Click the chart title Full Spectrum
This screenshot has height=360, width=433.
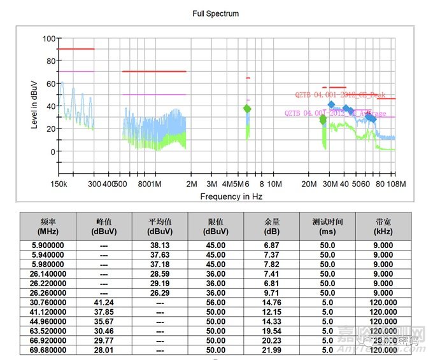(215, 13)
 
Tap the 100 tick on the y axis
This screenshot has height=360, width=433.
(48, 38)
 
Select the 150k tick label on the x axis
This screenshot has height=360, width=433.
(59, 184)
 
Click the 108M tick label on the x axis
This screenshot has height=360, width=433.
(396, 184)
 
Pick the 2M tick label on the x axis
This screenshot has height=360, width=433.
(192, 184)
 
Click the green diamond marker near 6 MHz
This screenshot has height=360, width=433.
(247, 109)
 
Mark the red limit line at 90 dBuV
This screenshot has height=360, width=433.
(76, 49)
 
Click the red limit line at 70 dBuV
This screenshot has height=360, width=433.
(154, 71)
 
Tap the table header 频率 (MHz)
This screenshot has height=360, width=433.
(48, 226)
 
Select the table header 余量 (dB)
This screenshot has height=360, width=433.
(272, 226)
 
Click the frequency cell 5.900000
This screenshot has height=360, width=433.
(48, 245)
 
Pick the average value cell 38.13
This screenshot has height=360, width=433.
(160, 245)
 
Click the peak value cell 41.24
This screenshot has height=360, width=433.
(104, 303)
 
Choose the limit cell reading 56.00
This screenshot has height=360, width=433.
(216, 303)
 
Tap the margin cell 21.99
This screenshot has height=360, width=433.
(272, 350)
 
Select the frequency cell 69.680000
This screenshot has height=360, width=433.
(48, 350)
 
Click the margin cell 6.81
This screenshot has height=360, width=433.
(272, 284)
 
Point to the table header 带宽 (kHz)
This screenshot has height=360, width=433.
(384, 226)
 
